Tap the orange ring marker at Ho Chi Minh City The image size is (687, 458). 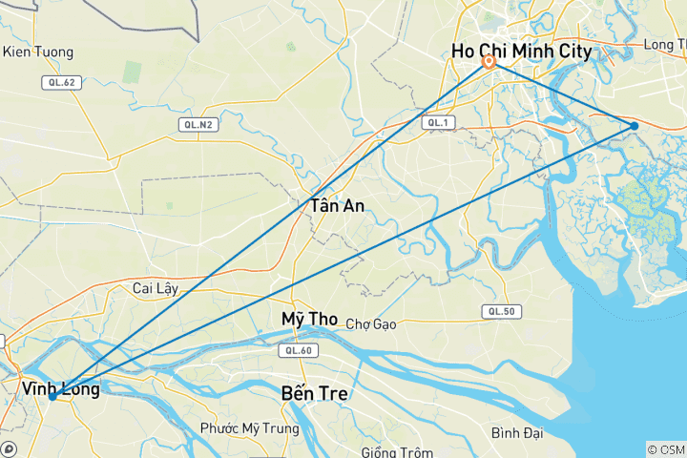[x=489, y=63]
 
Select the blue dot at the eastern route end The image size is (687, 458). [x=635, y=126]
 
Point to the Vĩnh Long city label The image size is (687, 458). [x=60, y=388]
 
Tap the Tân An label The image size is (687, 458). [x=337, y=205]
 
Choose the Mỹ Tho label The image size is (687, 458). [x=310, y=319]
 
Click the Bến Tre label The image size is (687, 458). [x=315, y=393]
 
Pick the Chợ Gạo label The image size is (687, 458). [x=371, y=324]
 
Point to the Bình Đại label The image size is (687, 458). [x=518, y=433]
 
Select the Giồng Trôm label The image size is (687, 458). [x=397, y=451]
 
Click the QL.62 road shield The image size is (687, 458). [x=59, y=83]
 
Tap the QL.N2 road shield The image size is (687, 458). [x=196, y=124]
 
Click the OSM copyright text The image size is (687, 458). [x=665, y=448]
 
